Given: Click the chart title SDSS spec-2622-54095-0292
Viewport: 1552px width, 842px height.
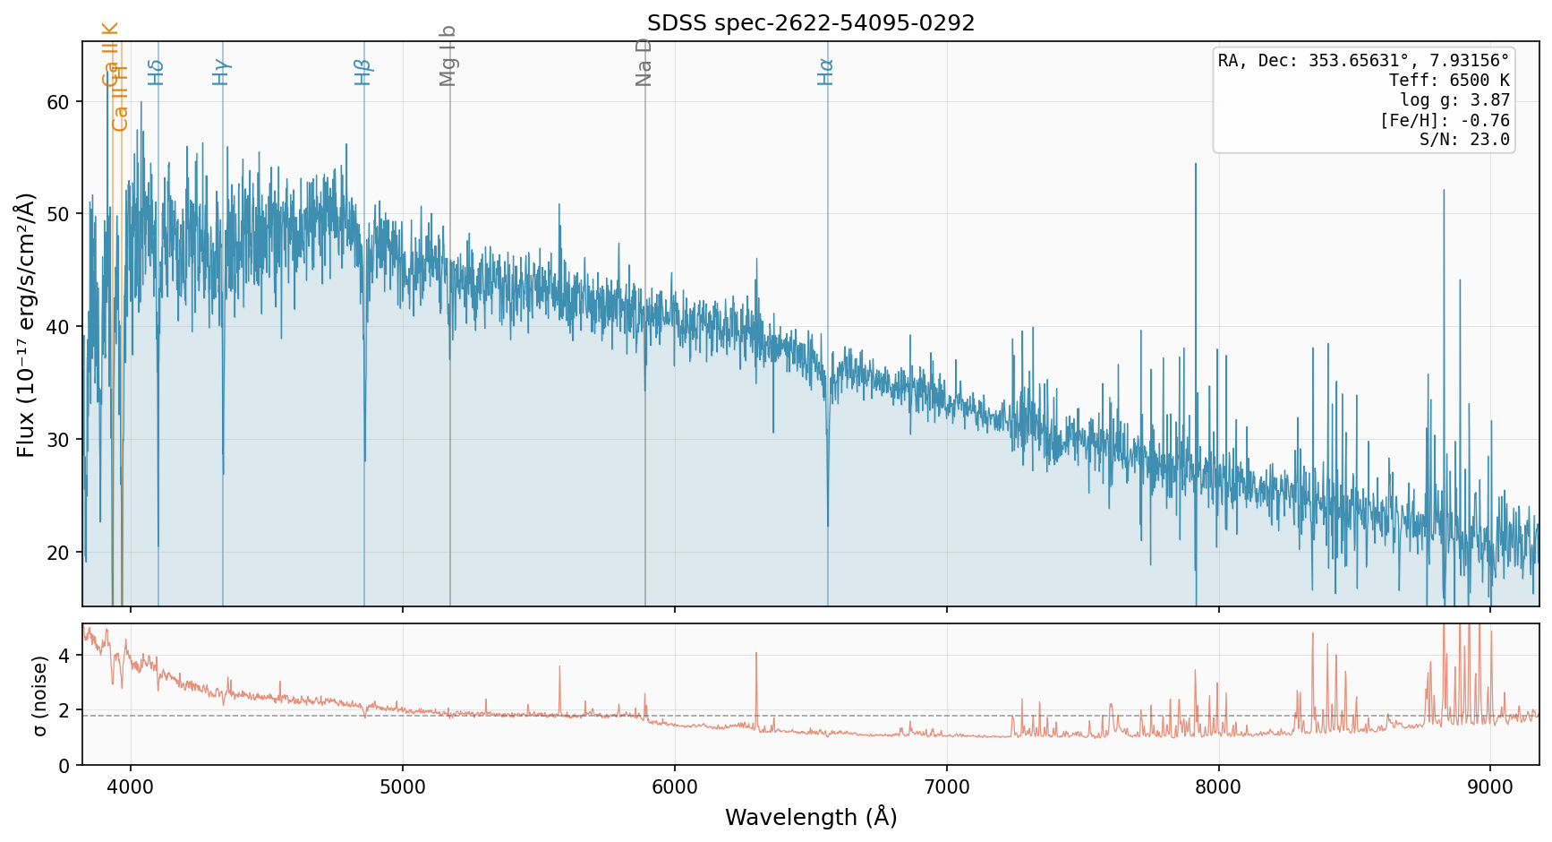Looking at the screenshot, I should tap(810, 23).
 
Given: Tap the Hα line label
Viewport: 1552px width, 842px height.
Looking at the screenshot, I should tap(825, 72).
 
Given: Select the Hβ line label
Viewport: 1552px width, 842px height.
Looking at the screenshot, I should tap(362, 72).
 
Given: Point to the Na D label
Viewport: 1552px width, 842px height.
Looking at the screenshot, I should tap(644, 63).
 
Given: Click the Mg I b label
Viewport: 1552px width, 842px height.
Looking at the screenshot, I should tap(448, 56).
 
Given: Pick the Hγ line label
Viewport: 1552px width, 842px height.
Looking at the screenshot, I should tap(221, 72).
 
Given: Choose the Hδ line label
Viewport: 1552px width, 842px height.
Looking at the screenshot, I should tap(157, 72).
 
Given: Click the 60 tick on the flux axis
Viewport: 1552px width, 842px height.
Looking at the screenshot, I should tap(58, 102).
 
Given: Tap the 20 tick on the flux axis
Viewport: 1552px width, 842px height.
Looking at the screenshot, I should tap(58, 553).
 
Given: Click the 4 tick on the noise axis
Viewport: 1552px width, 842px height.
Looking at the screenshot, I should tap(64, 656).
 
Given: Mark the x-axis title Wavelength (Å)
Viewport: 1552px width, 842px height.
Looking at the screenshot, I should tap(810, 817).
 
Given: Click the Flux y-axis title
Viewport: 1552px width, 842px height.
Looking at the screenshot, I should tap(26, 324).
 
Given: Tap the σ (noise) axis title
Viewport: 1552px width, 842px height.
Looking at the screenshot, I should tap(39, 695).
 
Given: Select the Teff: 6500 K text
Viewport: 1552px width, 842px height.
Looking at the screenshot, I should tap(1449, 81).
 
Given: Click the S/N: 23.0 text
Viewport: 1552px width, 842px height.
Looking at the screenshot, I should tap(1464, 140).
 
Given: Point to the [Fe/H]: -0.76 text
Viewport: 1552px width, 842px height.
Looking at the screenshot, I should tap(1445, 120).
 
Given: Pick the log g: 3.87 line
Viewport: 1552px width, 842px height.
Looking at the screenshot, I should tap(1454, 100).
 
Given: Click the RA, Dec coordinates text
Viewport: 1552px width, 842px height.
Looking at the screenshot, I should tap(1363, 61).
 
